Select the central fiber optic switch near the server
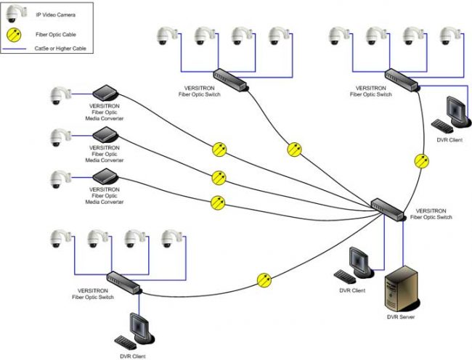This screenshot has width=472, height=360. click(388, 207)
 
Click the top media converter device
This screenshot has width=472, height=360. click(105, 92)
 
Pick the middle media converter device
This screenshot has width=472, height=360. click(105, 134)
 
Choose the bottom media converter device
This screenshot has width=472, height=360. click(105, 176)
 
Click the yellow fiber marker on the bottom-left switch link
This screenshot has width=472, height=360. click(265, 278)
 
